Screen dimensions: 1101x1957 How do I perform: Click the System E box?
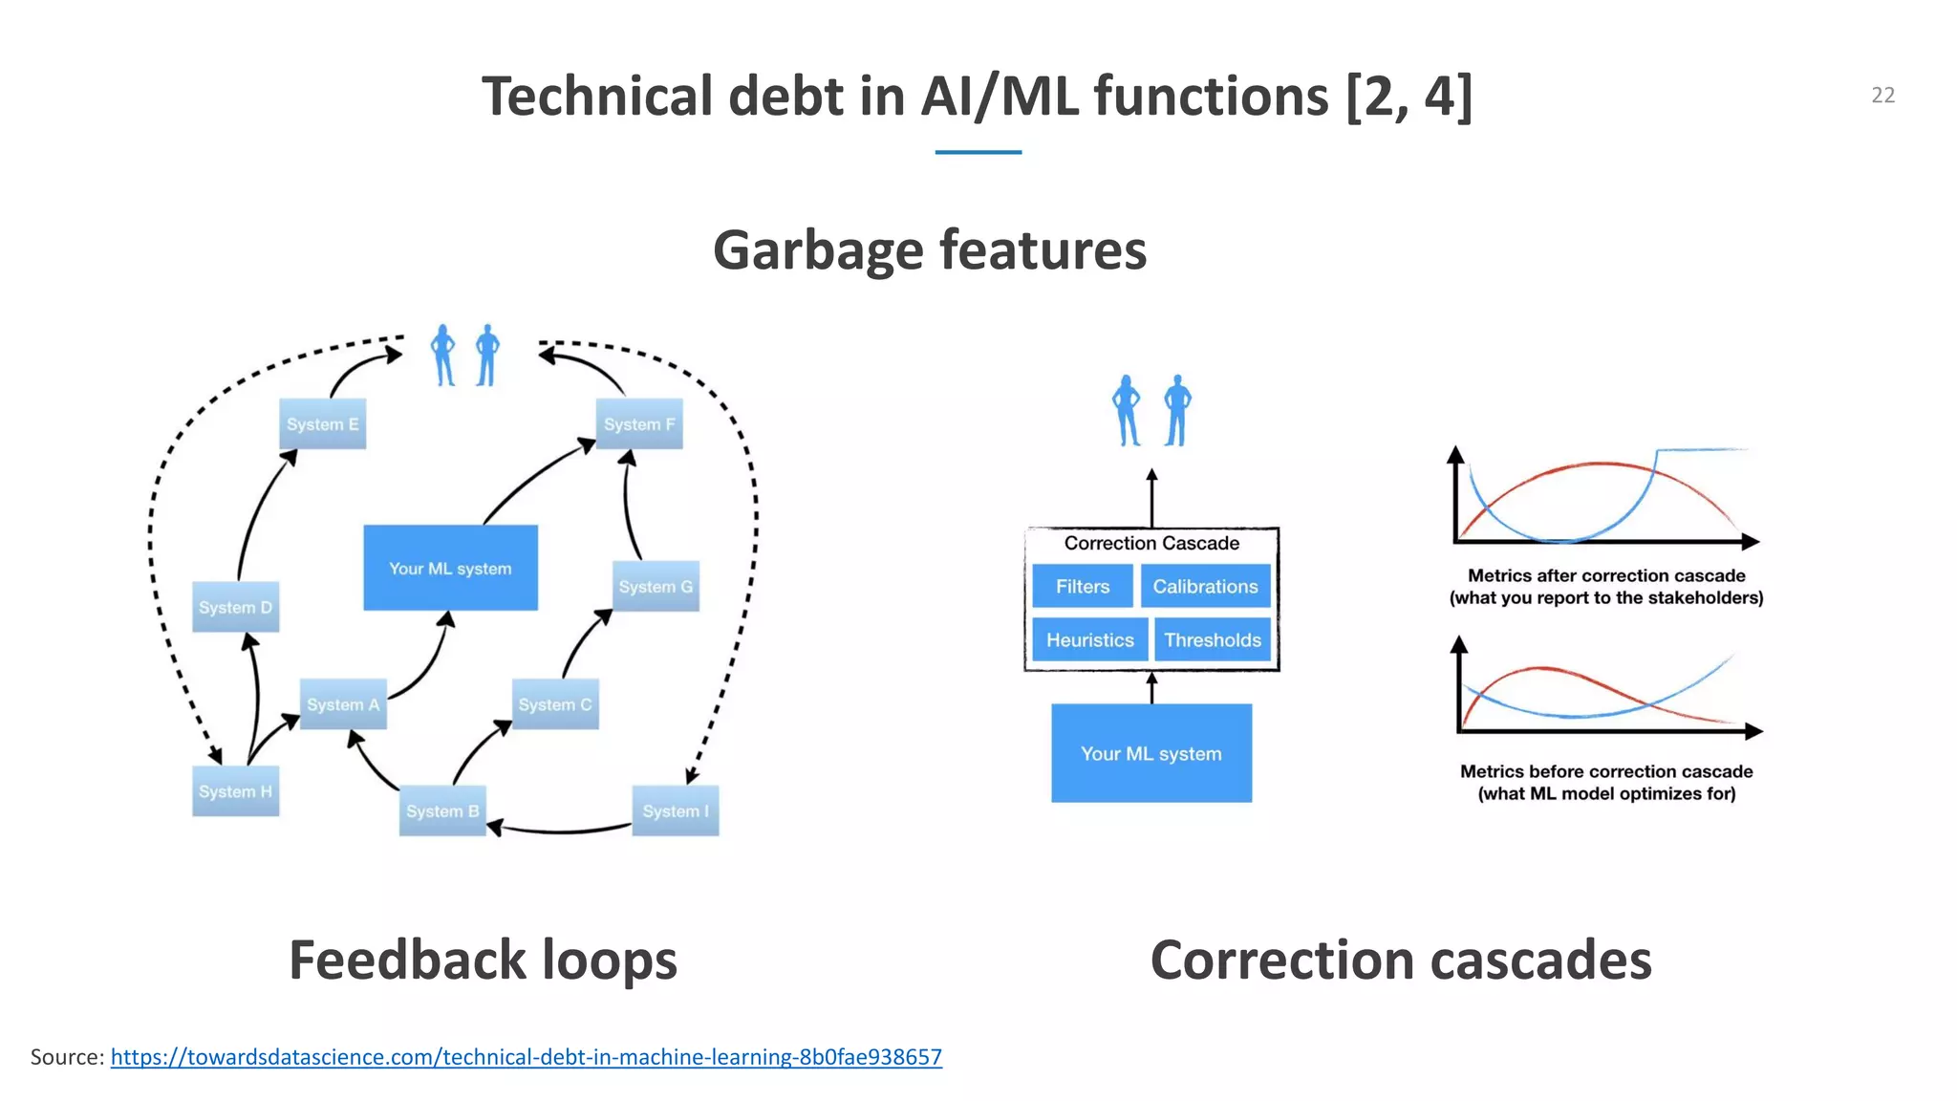click(322, 424)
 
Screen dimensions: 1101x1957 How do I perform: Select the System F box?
click(639, 424)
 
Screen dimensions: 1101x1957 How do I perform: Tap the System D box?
click(235, 607)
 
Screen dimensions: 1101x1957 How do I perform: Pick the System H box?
click(235, 791)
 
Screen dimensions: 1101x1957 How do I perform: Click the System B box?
click(442, 811)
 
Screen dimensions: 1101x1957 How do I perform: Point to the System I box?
click(676, 811)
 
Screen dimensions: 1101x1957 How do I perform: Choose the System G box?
click(656, 587)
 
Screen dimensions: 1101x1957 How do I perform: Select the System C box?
click(555, 704)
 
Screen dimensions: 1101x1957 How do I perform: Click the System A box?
click(343, 704)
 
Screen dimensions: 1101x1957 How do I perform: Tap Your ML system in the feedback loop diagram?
click(450, 568)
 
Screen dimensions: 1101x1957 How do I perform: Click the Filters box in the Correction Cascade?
click(1082, 586)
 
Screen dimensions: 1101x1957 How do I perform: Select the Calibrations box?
click(1205, 586)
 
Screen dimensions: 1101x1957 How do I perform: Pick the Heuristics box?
click(1089, 639)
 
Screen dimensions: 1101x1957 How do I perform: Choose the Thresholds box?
click(1212, 639)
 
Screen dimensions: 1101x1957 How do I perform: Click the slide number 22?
click(1882, 95)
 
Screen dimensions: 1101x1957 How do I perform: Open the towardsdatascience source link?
click(526, 1057)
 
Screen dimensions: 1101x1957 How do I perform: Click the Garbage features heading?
click(929, 249)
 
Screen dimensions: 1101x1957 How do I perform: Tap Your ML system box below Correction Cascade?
click(1151, 753)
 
